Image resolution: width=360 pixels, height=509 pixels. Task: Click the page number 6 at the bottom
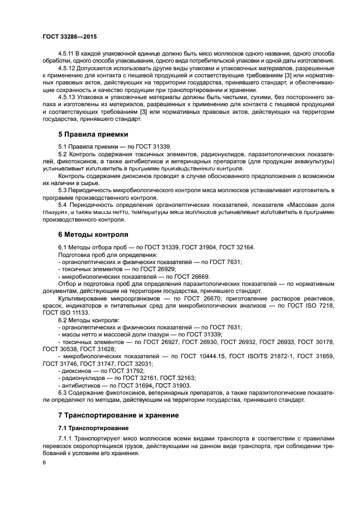click(x=44, y=462)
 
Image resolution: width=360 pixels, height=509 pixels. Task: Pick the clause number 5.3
click(x=63, y=189)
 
